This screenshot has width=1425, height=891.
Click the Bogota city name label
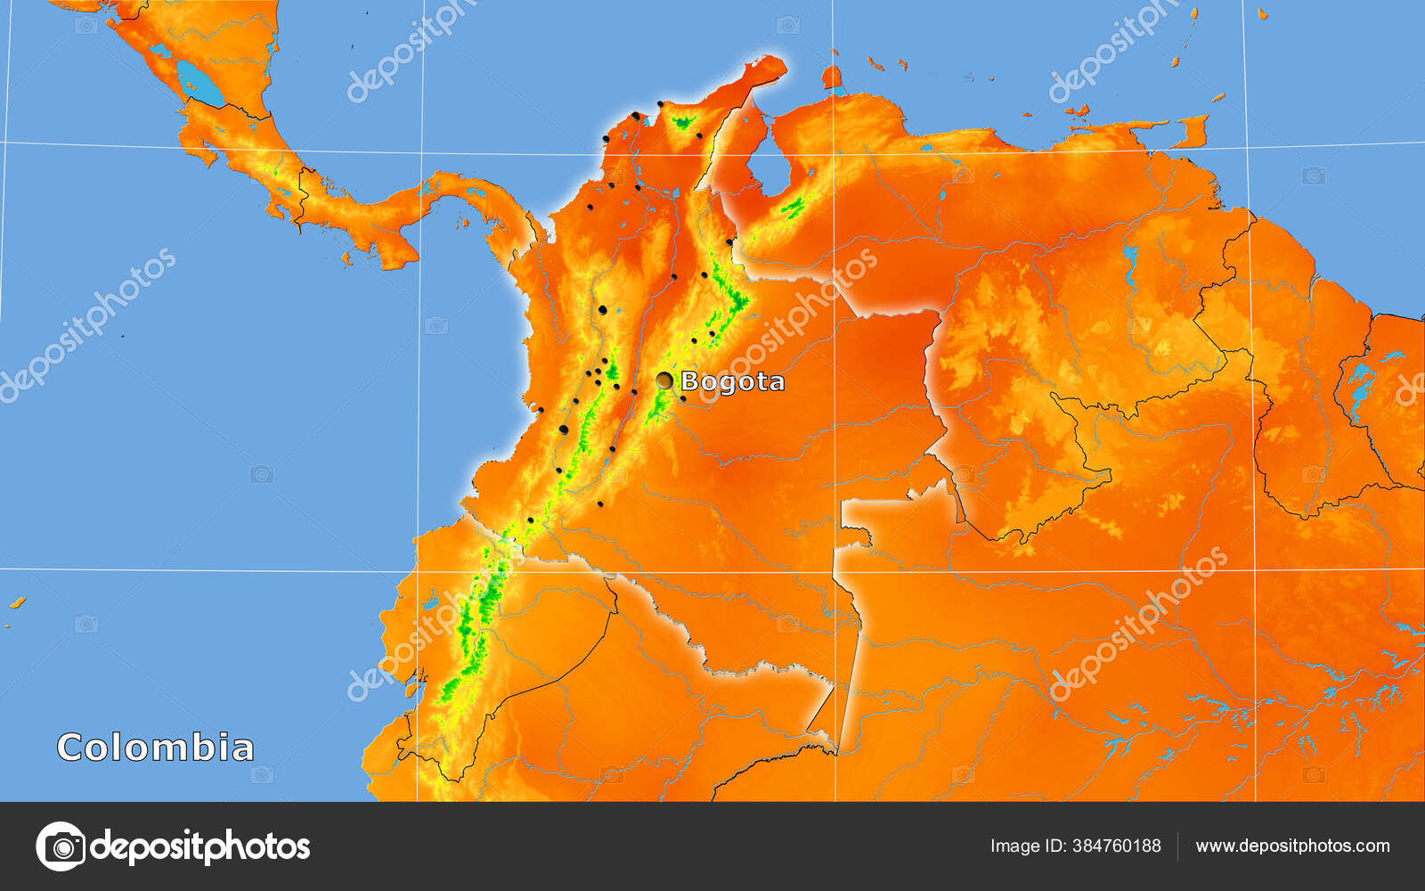click(x=732, y=381)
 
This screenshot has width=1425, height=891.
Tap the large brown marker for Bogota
click(x=664, y=380)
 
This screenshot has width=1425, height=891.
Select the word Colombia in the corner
click(x=156, y=748)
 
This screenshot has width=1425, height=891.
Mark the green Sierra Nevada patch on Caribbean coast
click(x=683, y=122)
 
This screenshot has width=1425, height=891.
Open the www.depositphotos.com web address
click(x=1292, y=846)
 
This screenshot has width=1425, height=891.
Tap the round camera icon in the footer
click(x=61, y=846)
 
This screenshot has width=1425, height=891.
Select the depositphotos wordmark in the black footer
click(x=200, y=846)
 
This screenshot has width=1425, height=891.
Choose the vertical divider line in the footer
click(x=1177, y=846)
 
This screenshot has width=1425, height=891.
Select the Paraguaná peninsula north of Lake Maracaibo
click(x=832, y=78)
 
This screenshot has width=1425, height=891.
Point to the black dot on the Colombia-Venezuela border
click(x=729, y=241)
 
